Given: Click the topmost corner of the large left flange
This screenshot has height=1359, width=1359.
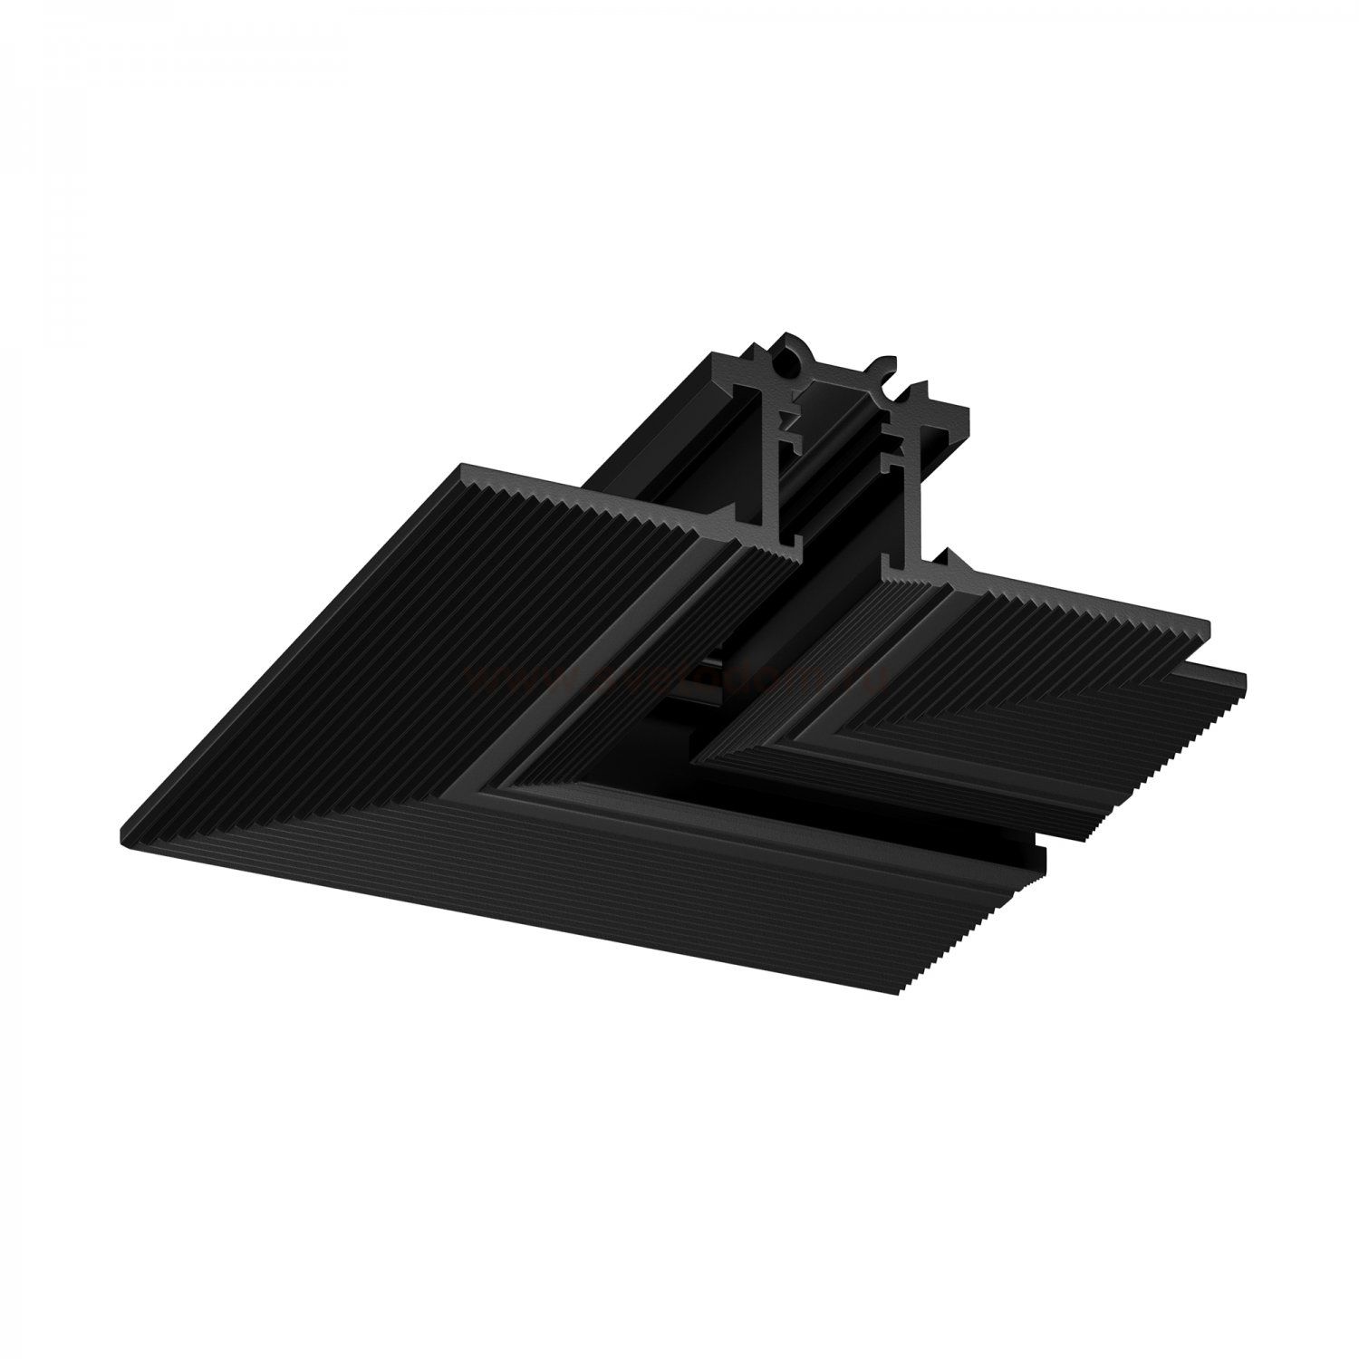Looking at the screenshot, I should tap(464, 467).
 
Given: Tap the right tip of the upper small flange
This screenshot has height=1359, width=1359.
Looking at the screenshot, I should tap(1210, 625).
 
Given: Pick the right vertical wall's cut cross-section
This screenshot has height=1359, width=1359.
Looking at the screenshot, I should tap(906, 480).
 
